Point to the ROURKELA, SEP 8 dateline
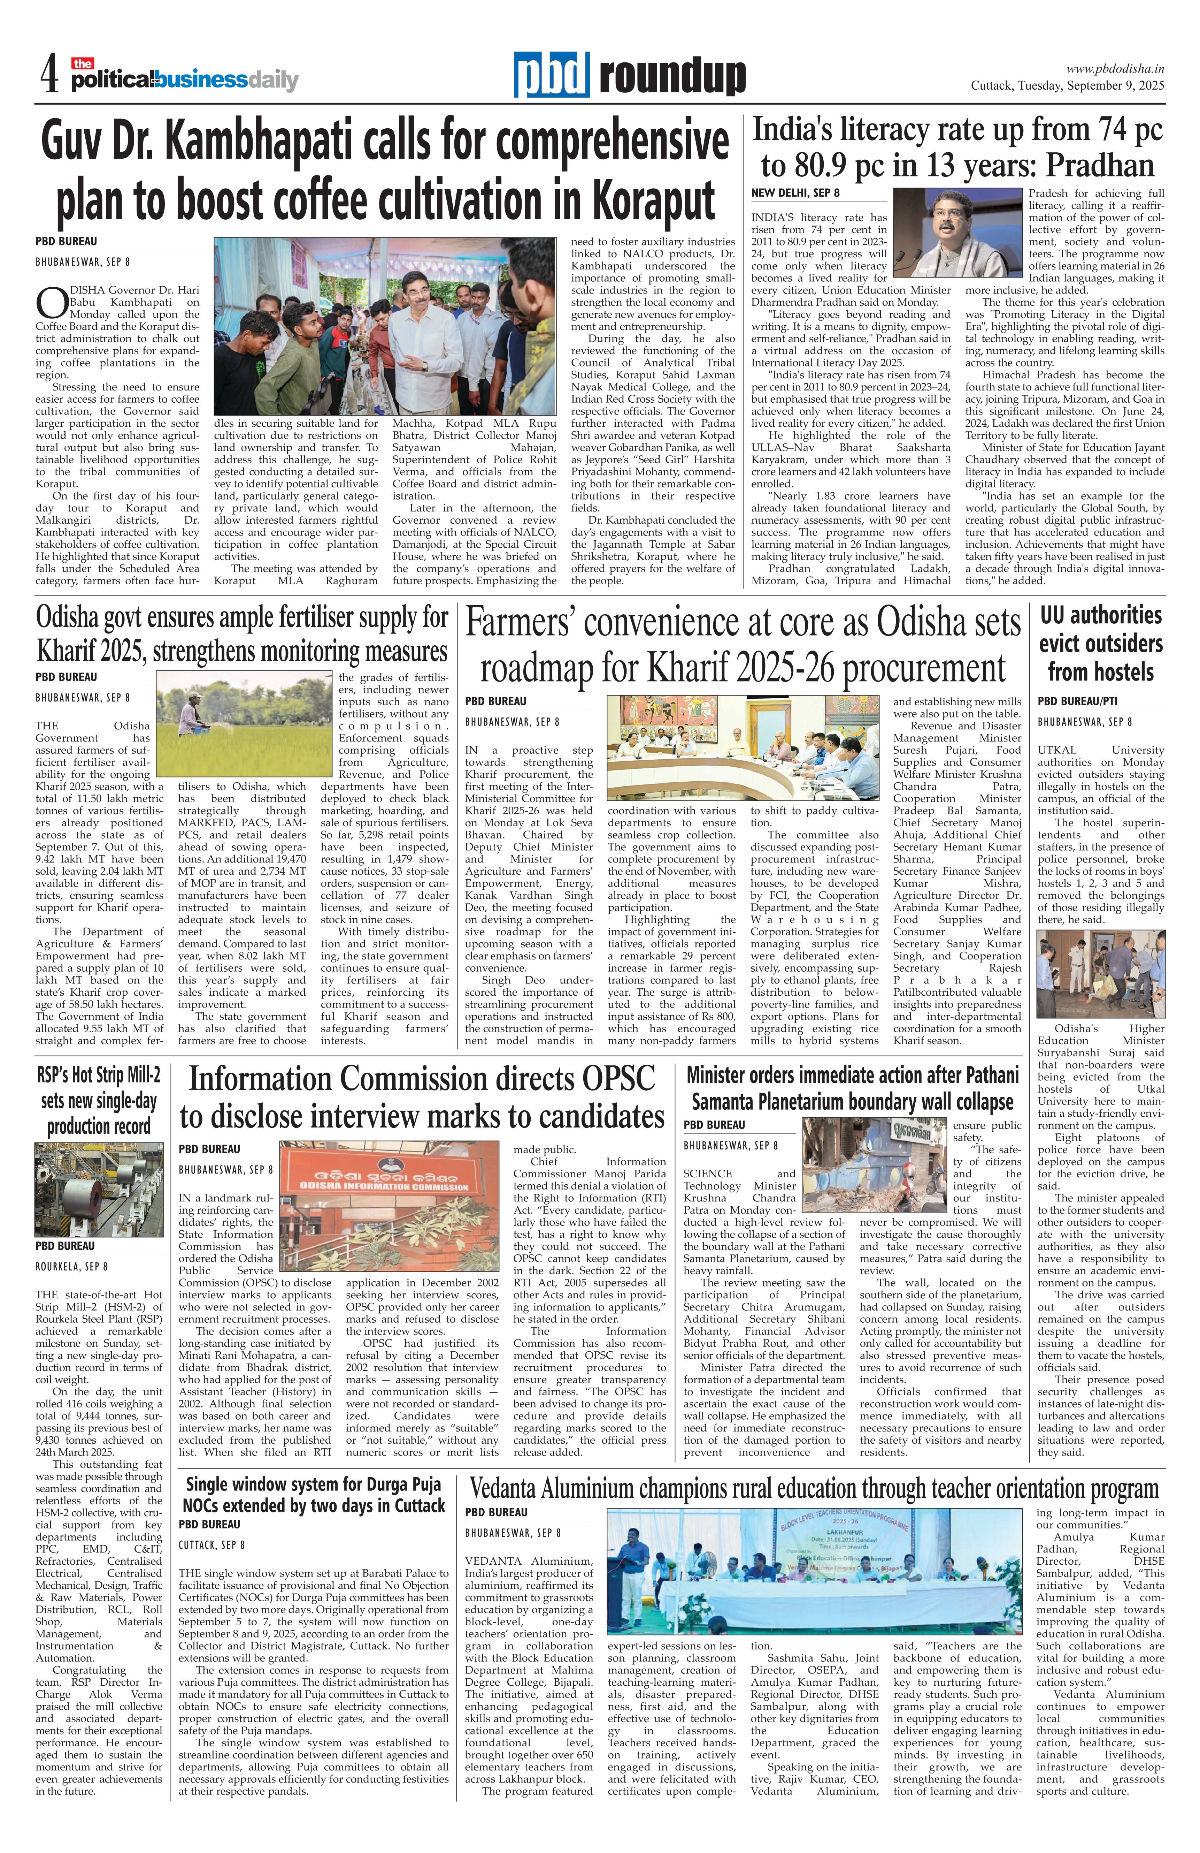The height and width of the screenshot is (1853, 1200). pos(71,1267)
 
